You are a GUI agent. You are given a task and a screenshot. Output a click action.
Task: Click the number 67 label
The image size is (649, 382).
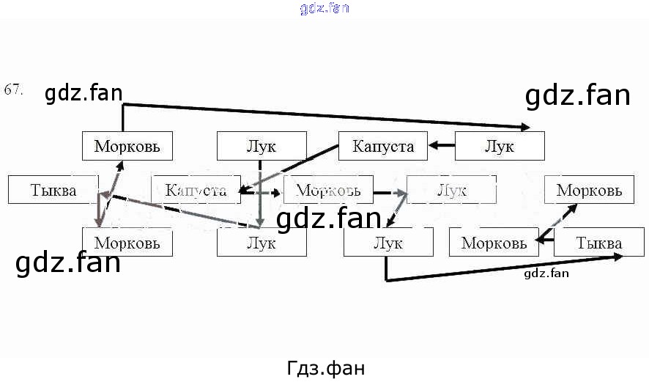pos(13,90)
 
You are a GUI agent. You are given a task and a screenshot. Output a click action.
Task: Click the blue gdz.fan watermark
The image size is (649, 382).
pos(324,9)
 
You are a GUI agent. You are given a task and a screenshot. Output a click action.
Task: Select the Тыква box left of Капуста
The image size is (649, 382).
pos(53,190)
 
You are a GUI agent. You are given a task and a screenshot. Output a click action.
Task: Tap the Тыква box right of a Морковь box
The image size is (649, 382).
pos(598,243)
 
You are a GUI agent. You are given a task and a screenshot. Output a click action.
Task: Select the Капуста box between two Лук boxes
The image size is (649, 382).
pos(382,146)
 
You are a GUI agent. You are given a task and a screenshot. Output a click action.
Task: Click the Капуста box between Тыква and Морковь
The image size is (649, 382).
pos(195,190)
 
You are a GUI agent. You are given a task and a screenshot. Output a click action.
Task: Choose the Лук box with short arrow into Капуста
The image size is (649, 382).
pos(500,146)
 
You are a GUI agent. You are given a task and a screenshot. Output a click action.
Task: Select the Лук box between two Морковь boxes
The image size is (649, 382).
pos(451,190)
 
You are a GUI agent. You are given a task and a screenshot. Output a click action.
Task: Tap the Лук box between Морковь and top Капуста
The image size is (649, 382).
pos(262,146)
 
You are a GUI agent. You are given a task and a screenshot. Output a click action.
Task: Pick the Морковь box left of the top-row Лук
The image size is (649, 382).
pos(127,146)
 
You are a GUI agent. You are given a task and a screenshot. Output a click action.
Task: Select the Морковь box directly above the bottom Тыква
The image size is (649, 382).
pos(589,190)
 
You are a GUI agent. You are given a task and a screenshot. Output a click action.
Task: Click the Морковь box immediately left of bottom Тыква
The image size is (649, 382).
pos(494,243)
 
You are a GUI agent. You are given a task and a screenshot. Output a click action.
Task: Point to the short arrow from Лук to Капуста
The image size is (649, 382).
pos(441,146)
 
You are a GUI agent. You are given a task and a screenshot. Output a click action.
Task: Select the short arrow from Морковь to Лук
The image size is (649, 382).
pos(389,194)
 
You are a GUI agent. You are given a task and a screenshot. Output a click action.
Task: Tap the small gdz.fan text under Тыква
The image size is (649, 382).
pos(546,273)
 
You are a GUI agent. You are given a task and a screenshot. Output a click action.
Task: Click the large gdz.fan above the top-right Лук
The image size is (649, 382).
pos(577,95)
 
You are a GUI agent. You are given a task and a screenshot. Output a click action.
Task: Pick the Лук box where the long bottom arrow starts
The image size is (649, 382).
pos(387,243)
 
